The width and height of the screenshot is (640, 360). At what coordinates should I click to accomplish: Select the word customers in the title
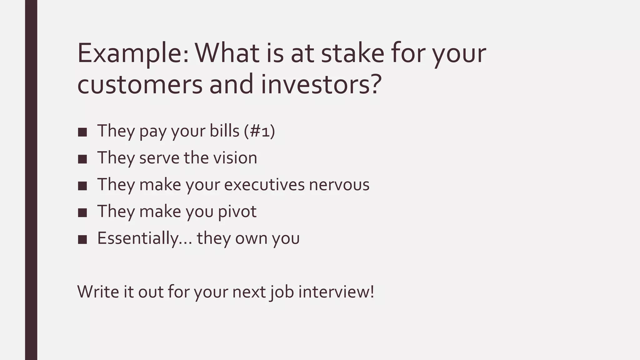coord(140,85)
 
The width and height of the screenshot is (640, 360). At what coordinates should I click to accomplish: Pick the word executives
coord(264,184)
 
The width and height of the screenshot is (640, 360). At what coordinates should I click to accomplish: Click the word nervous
coord(339,184)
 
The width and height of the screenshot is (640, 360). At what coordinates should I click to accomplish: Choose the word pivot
coord(237,211)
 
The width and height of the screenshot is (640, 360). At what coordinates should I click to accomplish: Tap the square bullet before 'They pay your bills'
coord(82,132)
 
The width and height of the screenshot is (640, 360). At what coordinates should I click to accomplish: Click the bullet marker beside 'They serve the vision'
coord(82,159)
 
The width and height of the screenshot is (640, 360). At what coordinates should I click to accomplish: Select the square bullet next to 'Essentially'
coord(82,240)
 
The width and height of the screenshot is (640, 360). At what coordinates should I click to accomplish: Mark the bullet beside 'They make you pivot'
coord(82,213)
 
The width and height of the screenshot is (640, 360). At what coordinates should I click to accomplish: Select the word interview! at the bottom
coord(336,291)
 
